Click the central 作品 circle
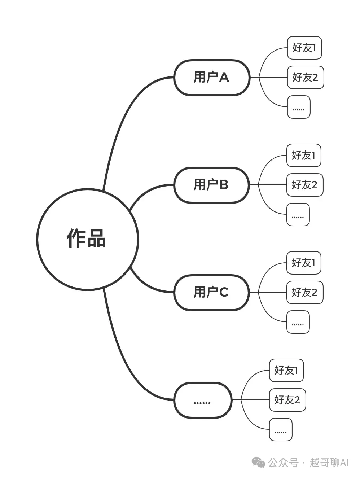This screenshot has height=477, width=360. pyautogui.click(x=87, y=239)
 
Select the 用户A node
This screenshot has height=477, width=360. pyautogui.click(x=212, y=78)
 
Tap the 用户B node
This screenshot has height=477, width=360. pyautogui.click(x=211, y=185)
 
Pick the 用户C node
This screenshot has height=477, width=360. pyautogui.click(x=211, y=293)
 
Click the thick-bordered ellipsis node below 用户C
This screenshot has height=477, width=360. pyautogui.click(x=203, y=400)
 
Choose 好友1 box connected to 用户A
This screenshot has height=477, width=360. pyautogui.click(x=304, y=48)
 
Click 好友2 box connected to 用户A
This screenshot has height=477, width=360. pyautogui.click(x=305, y=77)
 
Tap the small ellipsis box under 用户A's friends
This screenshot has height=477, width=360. pyautogui.click(x=299, y=107)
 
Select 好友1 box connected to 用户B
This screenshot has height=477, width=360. pyautogui.click(x=304, y=155)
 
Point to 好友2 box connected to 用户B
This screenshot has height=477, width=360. pyautogui.click(x=305, y=185)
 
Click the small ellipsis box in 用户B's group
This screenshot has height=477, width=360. pyautogui.click(x=298, y=214)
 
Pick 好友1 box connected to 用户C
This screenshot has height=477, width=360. pyautogui.click(x=304, y=263)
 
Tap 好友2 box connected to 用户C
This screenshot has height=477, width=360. pyautogui.click(x=305, y=292)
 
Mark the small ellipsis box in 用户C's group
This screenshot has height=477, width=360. pyautogui.click(x=298, y=322)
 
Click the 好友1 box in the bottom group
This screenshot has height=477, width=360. pyautogui.click(x=286, y=370)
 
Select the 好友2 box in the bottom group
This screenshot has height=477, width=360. pyautogui.click(x=287, y=400)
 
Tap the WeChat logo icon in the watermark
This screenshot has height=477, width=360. pyautogui.click(x=258, y=462)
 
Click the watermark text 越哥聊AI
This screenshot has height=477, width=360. pyautogui.click(x=329, y=463)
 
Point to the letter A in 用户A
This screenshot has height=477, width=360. pyautogui.click(x=224, y=78)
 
